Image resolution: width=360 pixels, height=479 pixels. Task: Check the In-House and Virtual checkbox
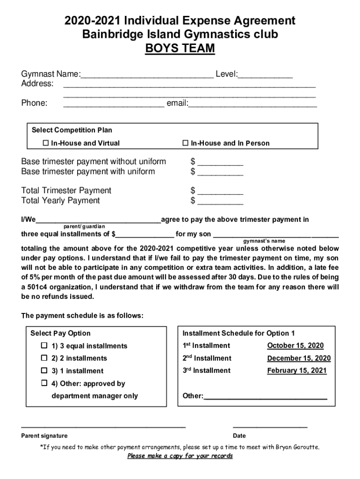pos(46,143)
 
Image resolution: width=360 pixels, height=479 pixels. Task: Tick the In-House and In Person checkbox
pos(185,143)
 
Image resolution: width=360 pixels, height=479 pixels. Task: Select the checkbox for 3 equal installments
pos(44,346)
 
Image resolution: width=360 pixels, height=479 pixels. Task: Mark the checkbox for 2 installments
pos(44,358)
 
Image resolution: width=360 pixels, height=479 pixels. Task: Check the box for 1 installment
pos(44,370)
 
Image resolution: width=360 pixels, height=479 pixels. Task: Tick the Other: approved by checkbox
pos(44,383)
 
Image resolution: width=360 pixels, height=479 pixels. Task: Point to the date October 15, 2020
pos(295,346)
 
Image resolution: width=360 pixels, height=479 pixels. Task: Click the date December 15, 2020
pos(299,358)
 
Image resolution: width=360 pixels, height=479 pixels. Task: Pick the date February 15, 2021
pos(297,370)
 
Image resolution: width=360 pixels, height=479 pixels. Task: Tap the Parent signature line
pos(103,426)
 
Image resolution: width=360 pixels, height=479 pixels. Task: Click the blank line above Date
pos(270,426)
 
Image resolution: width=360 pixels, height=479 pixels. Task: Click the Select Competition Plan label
pos(72,130)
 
